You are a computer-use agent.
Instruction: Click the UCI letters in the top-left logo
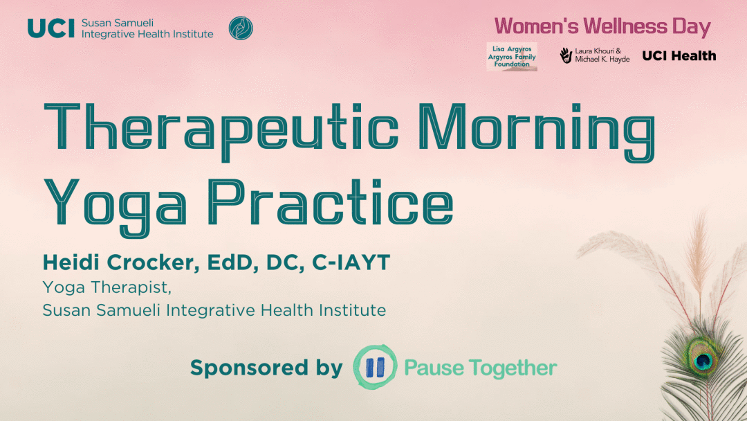pos(51,28)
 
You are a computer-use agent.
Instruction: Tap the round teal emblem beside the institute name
pos(241,28)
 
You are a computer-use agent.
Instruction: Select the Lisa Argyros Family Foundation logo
pos(512,57)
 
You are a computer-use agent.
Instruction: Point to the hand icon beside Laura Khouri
pos(566,55)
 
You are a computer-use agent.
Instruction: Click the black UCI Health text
pos(679,56)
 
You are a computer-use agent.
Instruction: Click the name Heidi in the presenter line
pos(71,262)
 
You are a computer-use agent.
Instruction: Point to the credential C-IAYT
pos(351,262)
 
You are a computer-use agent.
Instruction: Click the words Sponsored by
pos(266,368)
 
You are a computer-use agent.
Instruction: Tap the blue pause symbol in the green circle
pos(375,368)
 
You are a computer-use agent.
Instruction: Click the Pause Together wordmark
pos(481,368)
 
